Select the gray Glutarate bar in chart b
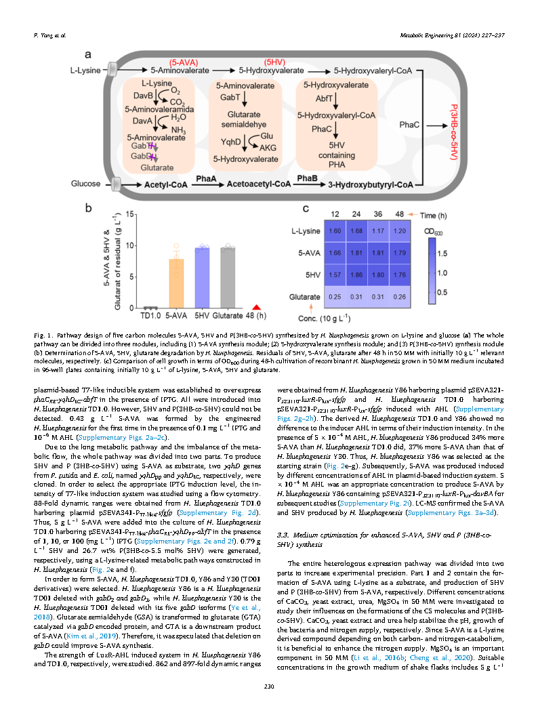[227, 277]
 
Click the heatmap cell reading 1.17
[378, 230]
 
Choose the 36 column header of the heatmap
[378, 214]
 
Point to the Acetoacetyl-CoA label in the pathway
[260, 184]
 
